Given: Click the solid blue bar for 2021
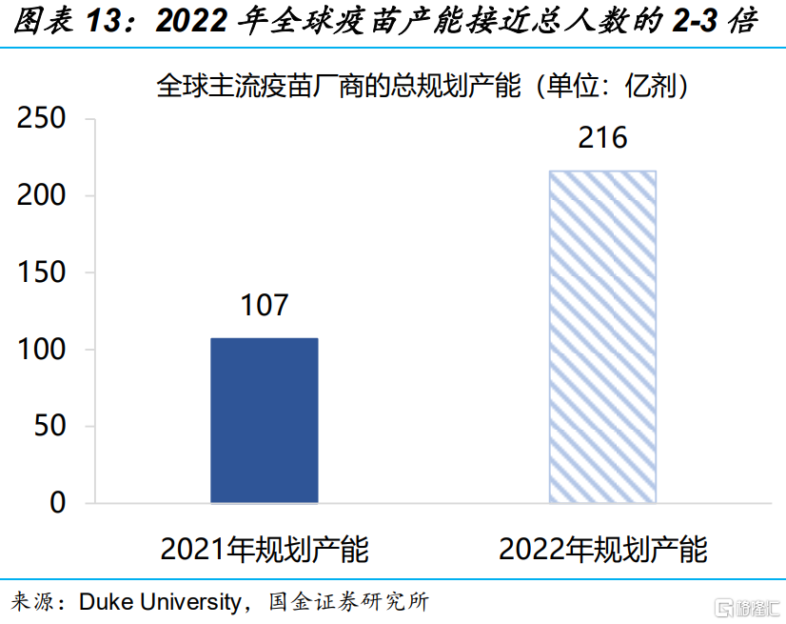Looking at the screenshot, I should tap(264, 419).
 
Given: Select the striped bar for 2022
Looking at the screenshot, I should tap(602, 335).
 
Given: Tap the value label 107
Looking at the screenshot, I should tap(264, 305).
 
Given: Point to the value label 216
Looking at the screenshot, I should tap(602, 138).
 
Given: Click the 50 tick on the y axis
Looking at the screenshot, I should tap(53, 427).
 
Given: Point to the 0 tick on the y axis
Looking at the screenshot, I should tap(60, 503).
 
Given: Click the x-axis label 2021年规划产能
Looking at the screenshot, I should tap(265, 550).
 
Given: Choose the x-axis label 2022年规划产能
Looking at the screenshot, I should tap(603, 550).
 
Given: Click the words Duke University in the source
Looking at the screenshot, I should tap(160, 602).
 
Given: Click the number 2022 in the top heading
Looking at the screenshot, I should tap(191, 22).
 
